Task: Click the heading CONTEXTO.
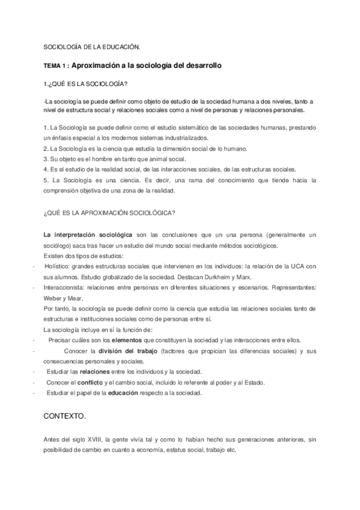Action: tap(65, 416)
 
